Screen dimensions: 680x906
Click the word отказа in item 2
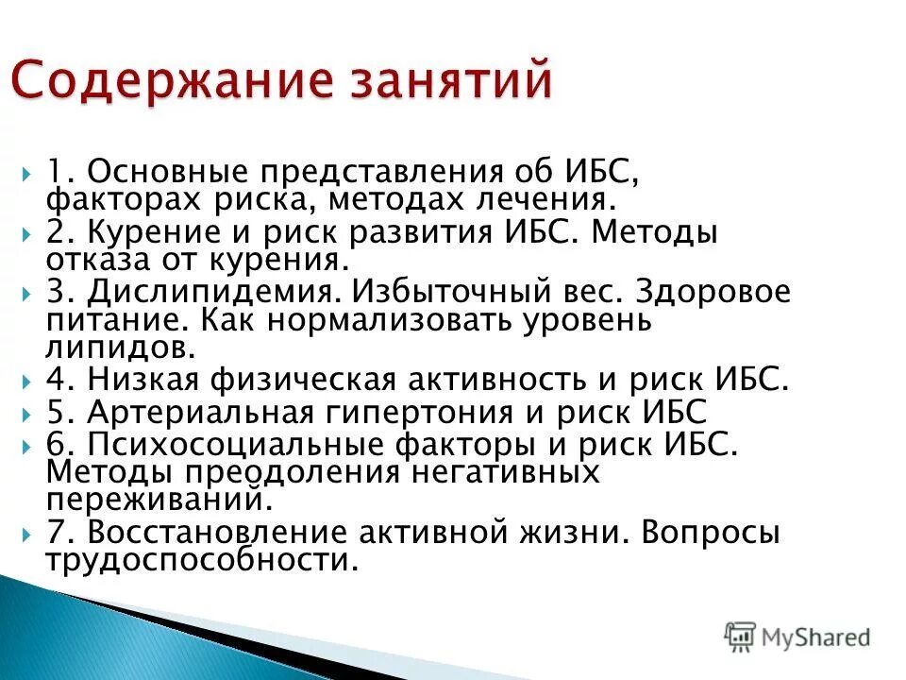[92, 259]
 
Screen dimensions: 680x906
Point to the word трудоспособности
[202, 560]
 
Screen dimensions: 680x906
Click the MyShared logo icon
[741, 636]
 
